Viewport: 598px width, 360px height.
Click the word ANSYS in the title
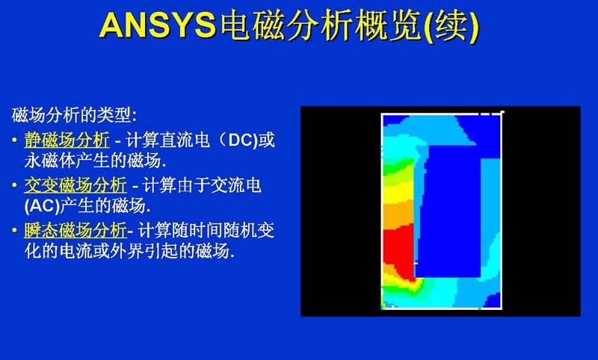(x=158, y=25)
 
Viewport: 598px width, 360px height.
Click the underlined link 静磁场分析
(x=67, y=140)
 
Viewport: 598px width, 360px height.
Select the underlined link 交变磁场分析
(x=75, y=185)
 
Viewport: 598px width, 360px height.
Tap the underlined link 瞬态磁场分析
(x=75, y=230)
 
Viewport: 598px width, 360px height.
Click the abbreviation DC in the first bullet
(x=241, y=140)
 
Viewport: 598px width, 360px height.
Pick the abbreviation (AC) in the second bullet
(x=42, y=206)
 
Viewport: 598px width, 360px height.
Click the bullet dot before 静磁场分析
(x=14, y=140)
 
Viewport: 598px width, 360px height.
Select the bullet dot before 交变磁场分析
(x=14, y=185)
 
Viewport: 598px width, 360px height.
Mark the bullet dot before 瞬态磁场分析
(x=14, y=230)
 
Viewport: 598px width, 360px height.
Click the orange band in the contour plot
(x=398, y=215)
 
